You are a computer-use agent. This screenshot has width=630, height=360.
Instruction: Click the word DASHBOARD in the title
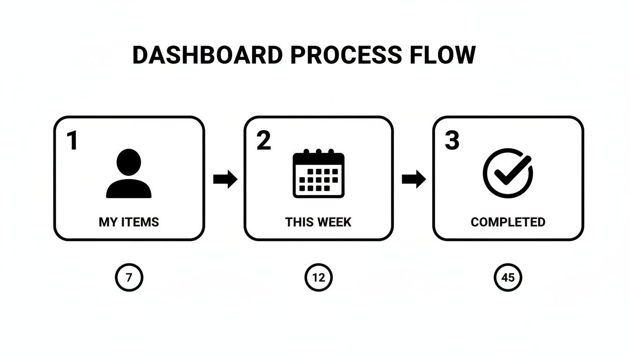(208, 55)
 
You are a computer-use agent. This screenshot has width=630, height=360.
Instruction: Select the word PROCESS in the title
(346, 55)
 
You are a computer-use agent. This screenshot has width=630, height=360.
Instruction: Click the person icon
(129, 173)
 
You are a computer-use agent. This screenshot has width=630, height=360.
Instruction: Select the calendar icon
(319, 173)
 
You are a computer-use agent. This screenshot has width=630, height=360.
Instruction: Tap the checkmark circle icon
(508, 173)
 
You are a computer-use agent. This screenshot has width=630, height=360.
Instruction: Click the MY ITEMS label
(129, 222)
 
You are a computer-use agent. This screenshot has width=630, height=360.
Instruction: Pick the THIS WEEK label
(318, 222)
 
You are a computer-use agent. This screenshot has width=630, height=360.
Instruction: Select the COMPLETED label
(508, 222)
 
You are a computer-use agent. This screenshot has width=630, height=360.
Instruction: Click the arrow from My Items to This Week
(225, 179)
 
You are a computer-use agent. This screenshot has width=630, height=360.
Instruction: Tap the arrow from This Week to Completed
(414, 179)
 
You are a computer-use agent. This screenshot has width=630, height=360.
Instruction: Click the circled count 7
(129, 277)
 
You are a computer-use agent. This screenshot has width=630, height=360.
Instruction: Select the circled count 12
(319, 277)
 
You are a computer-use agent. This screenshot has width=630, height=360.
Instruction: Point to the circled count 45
(508, 277)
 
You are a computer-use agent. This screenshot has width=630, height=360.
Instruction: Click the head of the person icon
(128, 162)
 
